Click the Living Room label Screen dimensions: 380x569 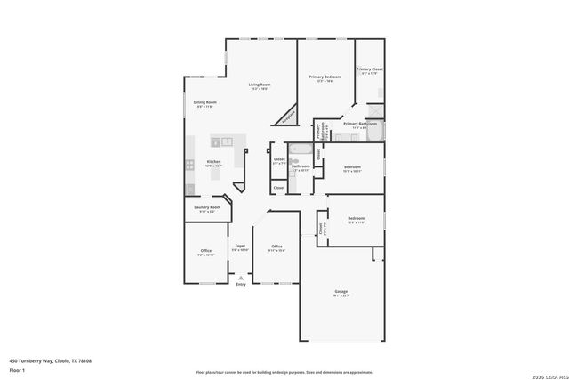(x=260, y=85)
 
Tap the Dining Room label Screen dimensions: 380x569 (x=205, y=102)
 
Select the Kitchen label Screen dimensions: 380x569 (x=213, y=161)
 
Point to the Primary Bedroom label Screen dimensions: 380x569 (x=325, y=77)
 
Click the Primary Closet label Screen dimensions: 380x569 (x=370, y=69)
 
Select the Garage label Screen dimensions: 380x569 (x=341, y=291)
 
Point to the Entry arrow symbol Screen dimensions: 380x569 (x=240, y=277)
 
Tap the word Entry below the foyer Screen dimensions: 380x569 (x=240, y=284)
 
